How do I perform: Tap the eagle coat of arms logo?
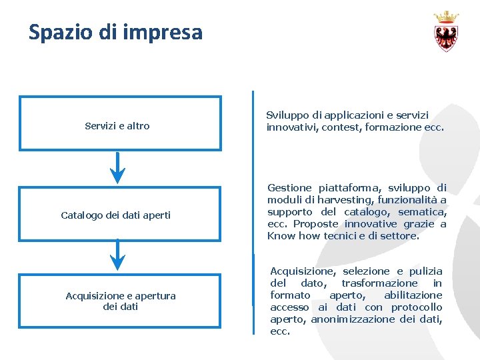click(x=446, y=37)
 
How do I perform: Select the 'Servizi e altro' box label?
click(x=117, y=126)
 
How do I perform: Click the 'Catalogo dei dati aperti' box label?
click(x=115, y=215)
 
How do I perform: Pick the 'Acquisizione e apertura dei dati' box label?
click(x=121, y=301)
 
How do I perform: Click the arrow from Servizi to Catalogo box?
click(x=117, y=167)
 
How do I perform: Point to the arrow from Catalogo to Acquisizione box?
click(x=117, y=256)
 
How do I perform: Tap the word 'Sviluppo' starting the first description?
click(x=287, y=115)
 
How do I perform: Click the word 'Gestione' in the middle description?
click(x=289, y=188)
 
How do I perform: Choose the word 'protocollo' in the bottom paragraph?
click(x=417, y=307)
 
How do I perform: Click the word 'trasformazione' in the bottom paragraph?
click(x=379, y=283)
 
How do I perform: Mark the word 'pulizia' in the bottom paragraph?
click(x=427, y=271)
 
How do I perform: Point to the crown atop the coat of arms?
click(x=446, y=17)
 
